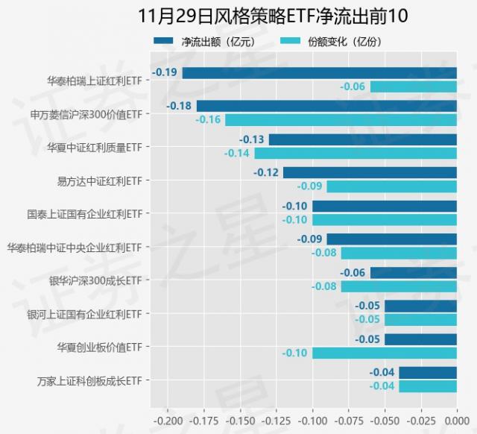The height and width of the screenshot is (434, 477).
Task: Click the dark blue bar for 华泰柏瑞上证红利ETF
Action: pos(319,73)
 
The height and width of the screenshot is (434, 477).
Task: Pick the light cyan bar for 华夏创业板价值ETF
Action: pos(384,353)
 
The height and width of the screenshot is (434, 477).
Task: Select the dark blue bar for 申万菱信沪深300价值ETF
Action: pos(326,106)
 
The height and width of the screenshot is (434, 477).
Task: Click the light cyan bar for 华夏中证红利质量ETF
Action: pos(356,154)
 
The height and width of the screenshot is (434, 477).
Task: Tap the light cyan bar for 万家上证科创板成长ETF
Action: pos(428,386)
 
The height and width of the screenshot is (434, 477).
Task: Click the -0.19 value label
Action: pos(165,72)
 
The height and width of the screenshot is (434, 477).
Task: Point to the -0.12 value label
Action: pos(266,172)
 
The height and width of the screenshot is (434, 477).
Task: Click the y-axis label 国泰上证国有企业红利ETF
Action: pos(84,213)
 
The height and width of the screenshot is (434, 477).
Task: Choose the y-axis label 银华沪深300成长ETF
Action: pos(95,280)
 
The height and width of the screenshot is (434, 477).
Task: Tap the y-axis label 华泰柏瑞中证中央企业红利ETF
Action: pos(75,247)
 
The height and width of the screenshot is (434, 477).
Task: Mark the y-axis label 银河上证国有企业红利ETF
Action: pos(84,313)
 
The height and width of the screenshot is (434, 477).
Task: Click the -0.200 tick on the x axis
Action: pos(167,421)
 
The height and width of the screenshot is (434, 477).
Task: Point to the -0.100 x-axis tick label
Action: pos(312,421)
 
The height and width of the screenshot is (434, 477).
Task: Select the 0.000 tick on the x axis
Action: pos(457,421)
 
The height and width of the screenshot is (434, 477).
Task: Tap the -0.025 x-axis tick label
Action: pos(421,421)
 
